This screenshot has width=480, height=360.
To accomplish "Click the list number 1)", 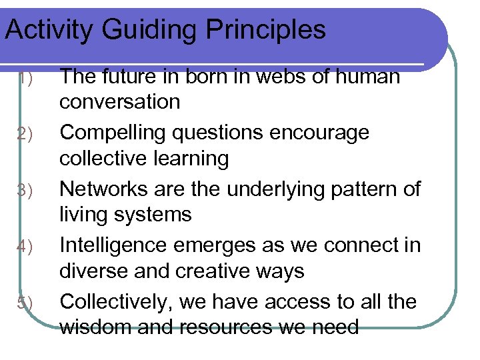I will coord(25,79).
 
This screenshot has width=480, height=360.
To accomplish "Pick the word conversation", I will coord(120,102).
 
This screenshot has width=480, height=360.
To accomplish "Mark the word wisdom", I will coord(93,327).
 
